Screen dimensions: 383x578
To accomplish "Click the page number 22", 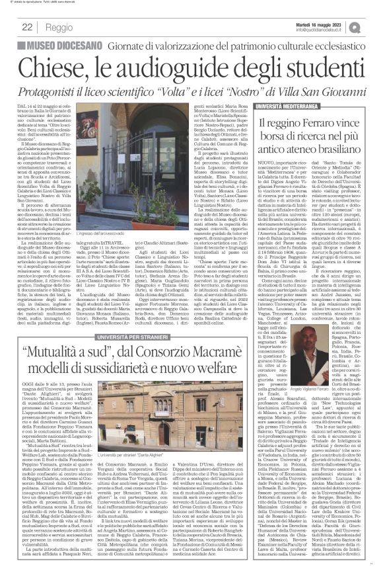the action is tap(28, 26).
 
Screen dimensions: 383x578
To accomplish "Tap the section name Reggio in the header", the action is tap(59, 27).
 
